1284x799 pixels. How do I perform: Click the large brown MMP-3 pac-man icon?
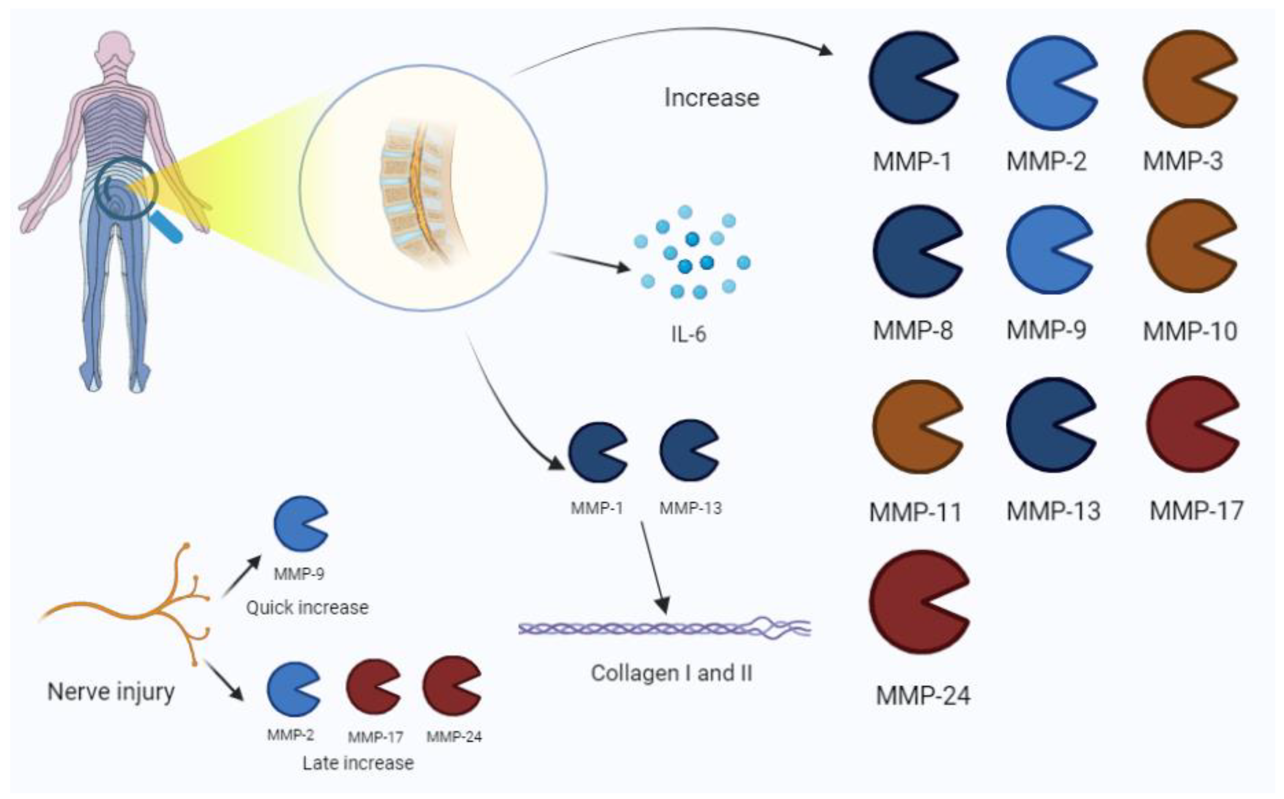click(1184, 79)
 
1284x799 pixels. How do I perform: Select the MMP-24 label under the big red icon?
click(923, 696)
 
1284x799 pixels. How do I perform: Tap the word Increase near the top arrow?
click(712, 98)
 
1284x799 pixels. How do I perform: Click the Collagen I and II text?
click(671, 673)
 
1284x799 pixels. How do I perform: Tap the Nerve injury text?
click(111, 692)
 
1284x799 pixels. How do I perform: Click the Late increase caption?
click(358, 763)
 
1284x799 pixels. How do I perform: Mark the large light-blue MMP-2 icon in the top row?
click(1047, 83)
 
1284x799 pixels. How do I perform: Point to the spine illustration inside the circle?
click(418, 190)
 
